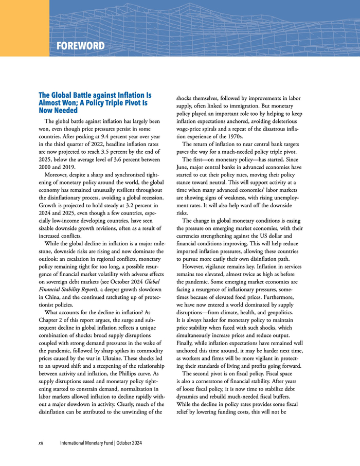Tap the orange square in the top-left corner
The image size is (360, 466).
(24, 28)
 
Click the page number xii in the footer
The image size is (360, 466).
(42, 443)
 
